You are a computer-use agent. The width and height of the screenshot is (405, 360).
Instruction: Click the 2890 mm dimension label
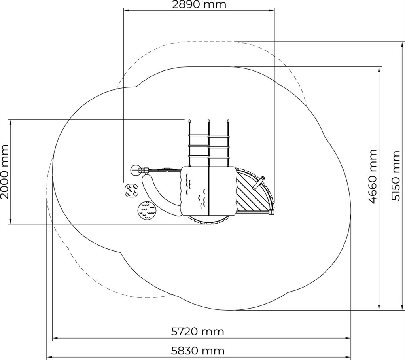pyautogui.click(x=199, y=4)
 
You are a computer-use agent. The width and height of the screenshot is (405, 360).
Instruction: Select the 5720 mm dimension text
pyautogui.click(x=198, y=331)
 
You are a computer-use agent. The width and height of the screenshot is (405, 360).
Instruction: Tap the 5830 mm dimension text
pyautogui.click(x=198, y=351)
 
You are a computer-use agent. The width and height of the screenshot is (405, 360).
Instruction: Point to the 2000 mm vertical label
pyautogui.click(x=4, y=172)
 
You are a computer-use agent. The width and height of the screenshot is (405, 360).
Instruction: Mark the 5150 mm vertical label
pyautogui.click(x=396, y=176)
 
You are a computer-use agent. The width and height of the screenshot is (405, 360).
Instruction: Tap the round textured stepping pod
pyautogui.click(x=147, y=210)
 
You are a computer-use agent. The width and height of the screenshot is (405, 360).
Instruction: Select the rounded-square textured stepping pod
pyautogui.click(x=131, y=191)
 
